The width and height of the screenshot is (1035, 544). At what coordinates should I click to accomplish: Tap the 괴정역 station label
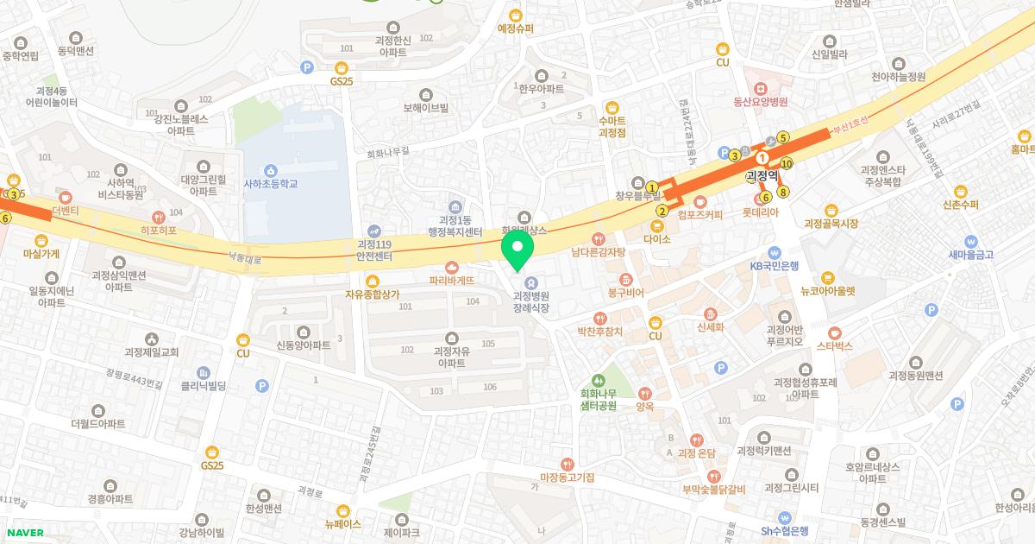[x=762, y=176]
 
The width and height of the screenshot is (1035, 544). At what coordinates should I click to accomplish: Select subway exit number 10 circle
[x=786, y=163]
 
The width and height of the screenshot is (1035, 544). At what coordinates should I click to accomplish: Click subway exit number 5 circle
[x=783, y=137]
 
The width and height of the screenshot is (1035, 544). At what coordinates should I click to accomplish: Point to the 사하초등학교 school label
[x=270, y=184]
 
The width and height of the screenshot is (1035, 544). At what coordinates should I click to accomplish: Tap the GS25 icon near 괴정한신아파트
[x=342, y=67]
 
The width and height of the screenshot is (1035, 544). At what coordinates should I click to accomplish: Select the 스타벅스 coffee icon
[x=834, y=332]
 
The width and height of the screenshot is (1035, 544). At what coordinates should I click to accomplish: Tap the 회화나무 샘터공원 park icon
[x=598, y=381]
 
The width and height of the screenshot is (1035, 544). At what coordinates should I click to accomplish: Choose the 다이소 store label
[x=656, y=238]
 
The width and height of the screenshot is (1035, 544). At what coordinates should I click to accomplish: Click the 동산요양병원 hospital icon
[x=760, y=88]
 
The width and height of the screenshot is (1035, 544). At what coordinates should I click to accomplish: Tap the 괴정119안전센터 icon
[x=373, y=231]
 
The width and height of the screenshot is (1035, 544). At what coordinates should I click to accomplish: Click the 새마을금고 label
[x=971, y=255]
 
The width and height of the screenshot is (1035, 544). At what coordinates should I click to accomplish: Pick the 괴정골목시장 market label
[x=831, y=224]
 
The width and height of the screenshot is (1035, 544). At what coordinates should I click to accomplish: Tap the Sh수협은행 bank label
[x=784, y=531]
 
